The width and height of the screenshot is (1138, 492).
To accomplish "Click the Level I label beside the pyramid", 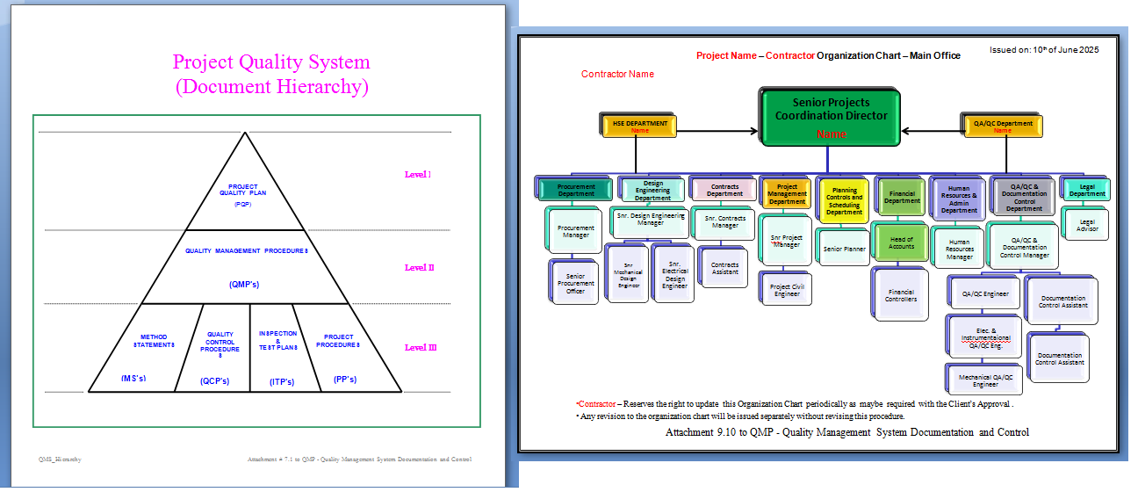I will [417, 174].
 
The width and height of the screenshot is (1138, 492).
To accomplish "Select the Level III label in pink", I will [421, 347].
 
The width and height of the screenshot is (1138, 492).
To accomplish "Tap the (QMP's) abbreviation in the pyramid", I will [245, 284].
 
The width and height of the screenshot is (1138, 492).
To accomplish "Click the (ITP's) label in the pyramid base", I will [281, 381].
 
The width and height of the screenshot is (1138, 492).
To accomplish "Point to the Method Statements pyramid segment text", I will [153, 341].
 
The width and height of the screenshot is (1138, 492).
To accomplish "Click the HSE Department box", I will [640, 127].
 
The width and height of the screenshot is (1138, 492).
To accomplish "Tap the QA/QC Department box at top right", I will [1003, 127].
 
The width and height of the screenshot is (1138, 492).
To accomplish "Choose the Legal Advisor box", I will [1086, 226].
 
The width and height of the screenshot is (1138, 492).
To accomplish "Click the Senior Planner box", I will [844, 249].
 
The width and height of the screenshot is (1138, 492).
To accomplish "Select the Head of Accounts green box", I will [901, 242].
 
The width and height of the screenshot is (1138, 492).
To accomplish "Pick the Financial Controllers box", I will [901, 295].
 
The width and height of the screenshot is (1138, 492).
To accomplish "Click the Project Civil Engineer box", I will [787, 290].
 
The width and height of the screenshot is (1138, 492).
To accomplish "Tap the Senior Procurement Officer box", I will [575, 283].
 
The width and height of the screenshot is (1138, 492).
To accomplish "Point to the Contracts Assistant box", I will [724, 268].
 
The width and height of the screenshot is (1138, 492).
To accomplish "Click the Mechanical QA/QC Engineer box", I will [984, 380].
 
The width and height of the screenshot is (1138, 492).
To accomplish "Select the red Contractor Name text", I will [617, 74].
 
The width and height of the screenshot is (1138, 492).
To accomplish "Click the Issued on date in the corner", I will [1044, 50].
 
